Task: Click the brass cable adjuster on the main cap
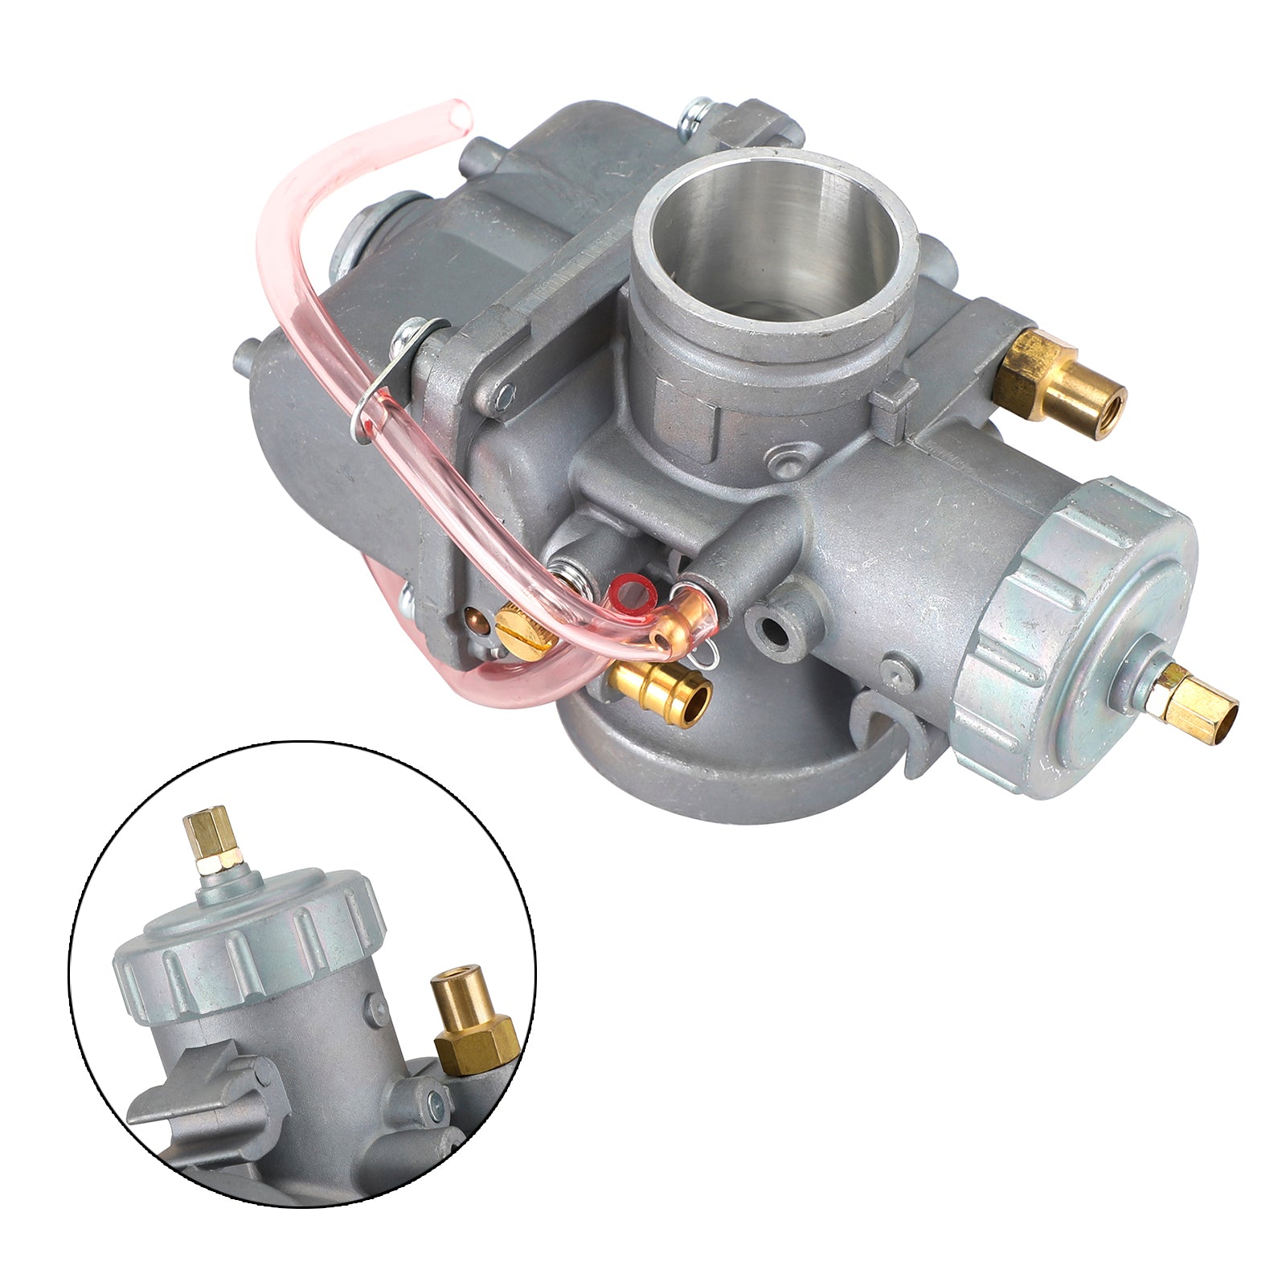tap(1186, 693)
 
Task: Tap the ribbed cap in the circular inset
tap(249, 940)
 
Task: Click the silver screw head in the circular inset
tap(436, 1103)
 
